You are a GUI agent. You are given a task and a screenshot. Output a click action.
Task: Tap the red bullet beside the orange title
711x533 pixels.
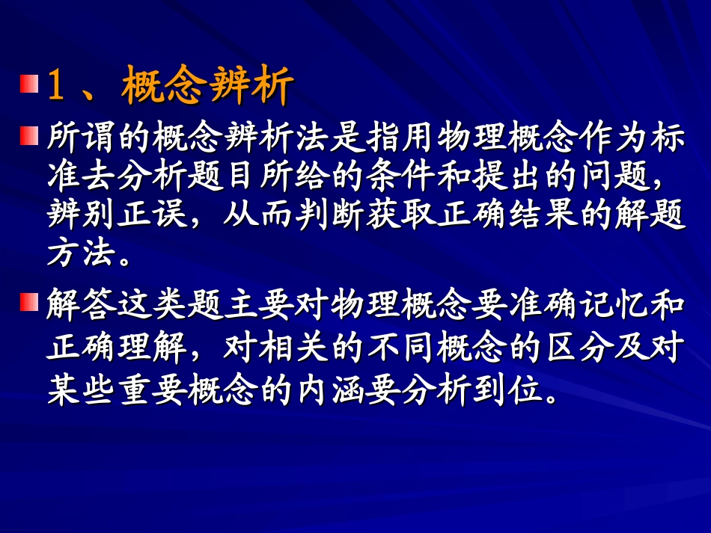click(x=28, y=84)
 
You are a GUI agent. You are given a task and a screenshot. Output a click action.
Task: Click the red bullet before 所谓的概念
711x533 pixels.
click(x=28, y=135)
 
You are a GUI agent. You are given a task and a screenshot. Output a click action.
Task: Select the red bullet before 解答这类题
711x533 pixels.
click(x=28, y=301)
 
